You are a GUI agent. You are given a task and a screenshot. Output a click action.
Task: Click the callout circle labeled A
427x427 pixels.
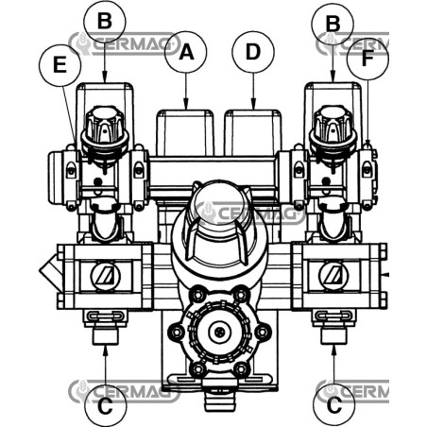pos(186,52)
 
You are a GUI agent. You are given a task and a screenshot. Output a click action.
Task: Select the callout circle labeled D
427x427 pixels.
pos(253,52)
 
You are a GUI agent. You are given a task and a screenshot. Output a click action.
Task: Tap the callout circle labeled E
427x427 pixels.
pos(60,66)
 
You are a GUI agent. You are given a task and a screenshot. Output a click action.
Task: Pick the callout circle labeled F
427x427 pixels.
pos(367,60)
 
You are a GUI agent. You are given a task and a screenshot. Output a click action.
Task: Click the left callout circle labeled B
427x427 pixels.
pos(105,22)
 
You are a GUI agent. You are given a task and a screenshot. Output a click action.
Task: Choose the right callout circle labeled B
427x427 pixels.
pos(333,25)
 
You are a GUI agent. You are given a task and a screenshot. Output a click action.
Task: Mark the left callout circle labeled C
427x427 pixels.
pos(106,406)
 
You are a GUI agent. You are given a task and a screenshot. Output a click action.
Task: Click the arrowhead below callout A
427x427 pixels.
pos(186,105)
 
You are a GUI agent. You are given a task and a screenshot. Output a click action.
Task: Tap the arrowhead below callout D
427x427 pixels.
pos(253,105)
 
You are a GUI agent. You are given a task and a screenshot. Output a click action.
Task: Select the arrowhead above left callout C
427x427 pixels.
pos(106,350)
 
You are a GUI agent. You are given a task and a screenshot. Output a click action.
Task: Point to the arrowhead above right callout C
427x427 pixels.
pos(333,350)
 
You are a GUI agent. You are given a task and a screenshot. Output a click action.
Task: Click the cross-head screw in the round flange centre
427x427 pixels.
pos(219,332)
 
